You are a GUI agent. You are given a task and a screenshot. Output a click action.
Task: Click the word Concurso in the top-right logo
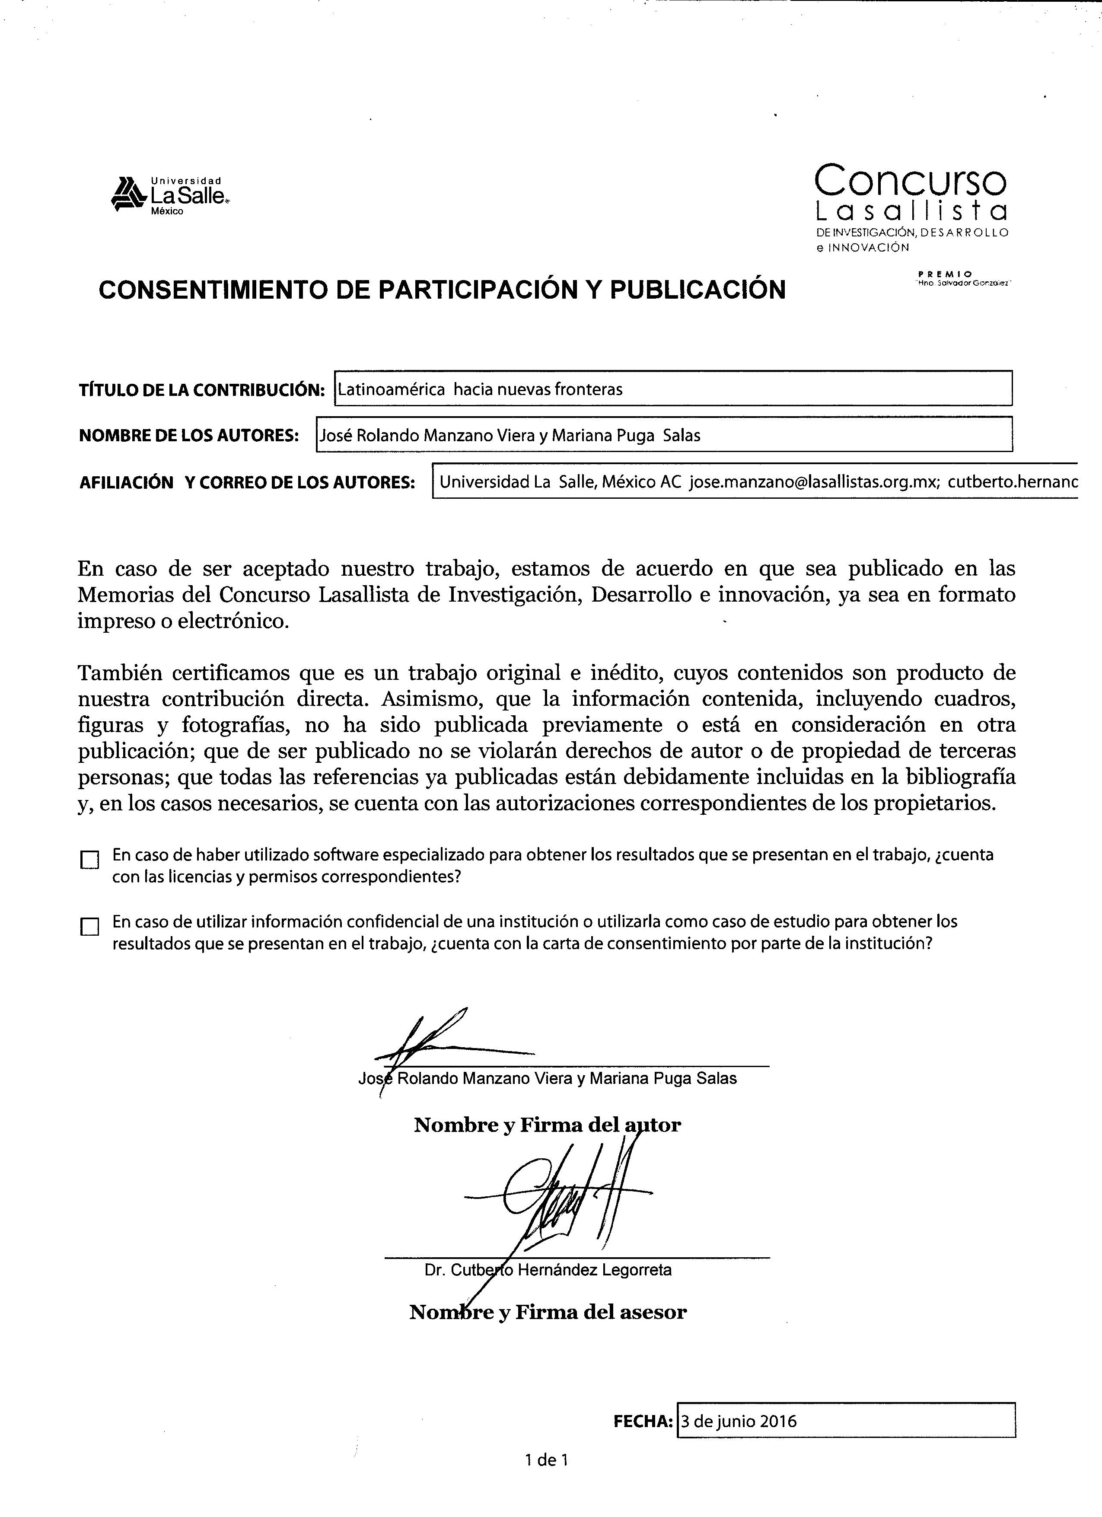910,180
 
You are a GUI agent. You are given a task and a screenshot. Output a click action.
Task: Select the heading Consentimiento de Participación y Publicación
442,290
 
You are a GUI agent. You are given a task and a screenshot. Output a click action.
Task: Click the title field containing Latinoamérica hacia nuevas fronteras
672,389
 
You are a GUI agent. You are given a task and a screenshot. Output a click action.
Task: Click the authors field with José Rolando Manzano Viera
663,436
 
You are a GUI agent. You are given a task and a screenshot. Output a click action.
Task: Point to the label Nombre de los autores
188,436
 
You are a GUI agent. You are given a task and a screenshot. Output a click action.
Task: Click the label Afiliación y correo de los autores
247,482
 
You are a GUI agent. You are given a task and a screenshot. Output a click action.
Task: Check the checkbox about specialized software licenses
89,860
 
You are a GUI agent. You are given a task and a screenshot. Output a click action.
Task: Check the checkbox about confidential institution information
89,926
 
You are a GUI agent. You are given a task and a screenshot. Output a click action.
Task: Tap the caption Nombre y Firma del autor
547,1125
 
